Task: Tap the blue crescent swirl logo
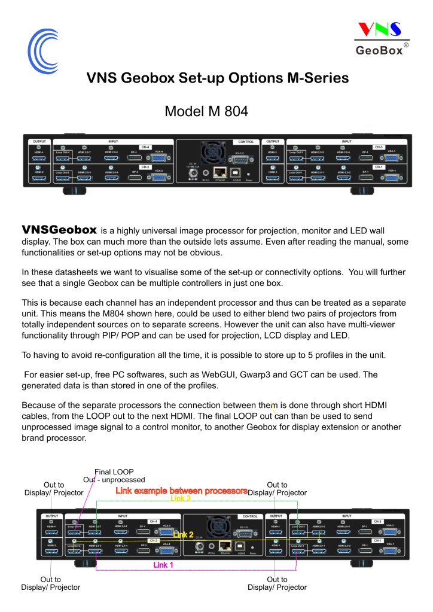(44, 49)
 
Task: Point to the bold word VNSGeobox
(59, 230)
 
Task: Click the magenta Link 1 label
(163, 565)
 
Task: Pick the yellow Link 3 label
(181, 498)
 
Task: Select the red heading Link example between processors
(181, 491)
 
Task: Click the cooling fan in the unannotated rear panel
(212, 154)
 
